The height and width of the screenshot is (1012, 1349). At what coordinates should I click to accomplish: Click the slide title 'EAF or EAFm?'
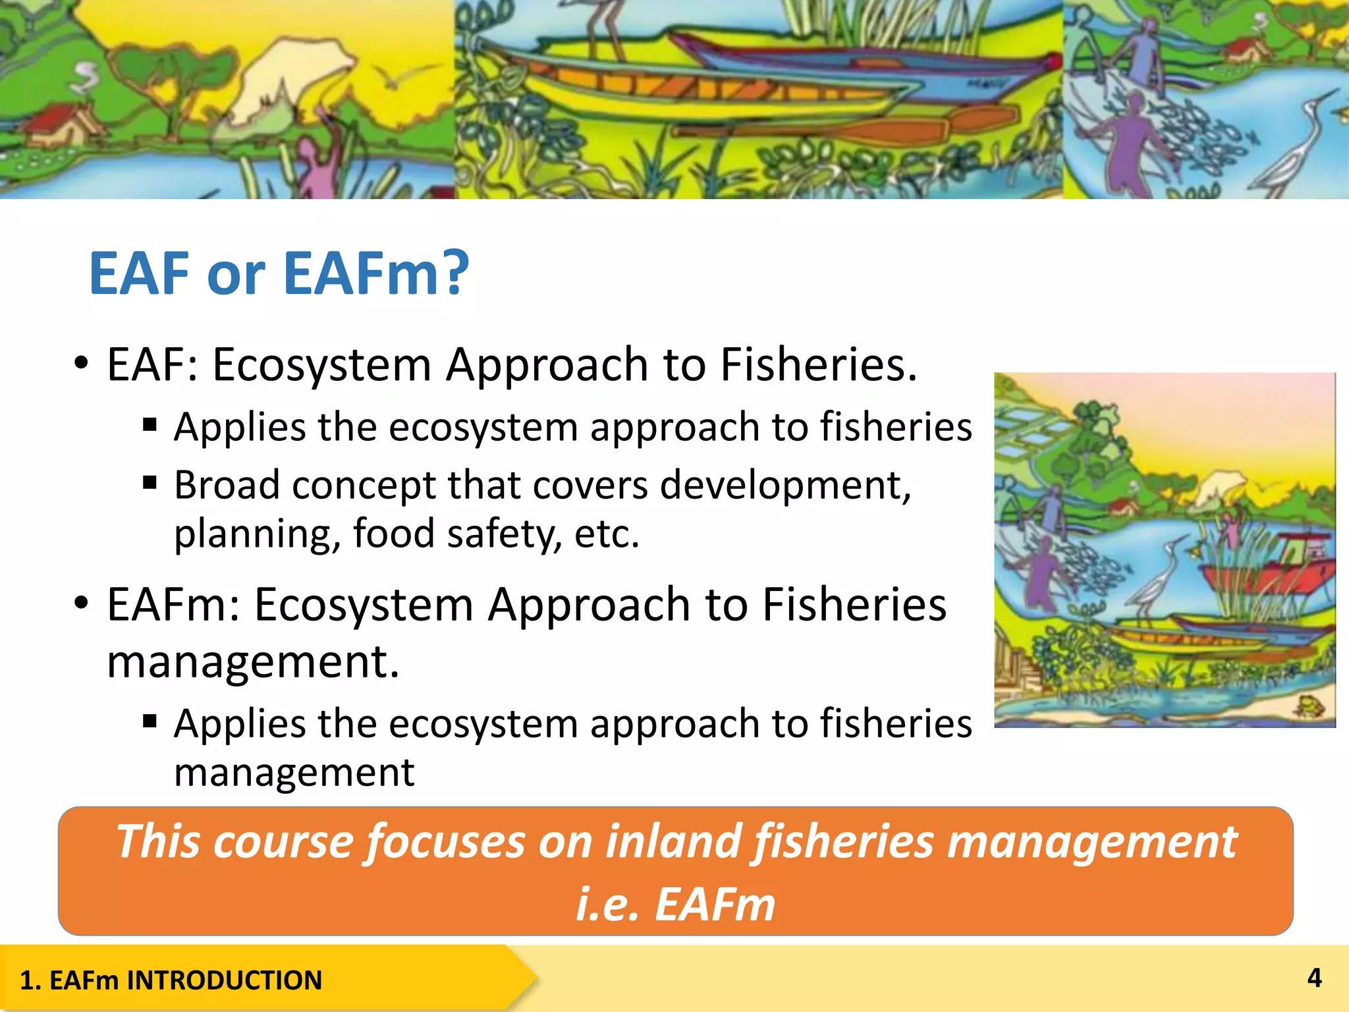coord(279,273)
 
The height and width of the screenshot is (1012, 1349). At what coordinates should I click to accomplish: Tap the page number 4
coord(1314,978)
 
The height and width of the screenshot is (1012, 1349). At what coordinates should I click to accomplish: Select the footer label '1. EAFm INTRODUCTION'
coord(171,980)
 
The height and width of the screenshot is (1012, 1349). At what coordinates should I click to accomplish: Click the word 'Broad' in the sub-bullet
coord(227,486)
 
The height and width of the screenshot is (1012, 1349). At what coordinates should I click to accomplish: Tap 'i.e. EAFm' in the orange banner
coord(675,904)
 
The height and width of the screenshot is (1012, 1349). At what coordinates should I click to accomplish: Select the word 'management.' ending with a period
coord(254,661)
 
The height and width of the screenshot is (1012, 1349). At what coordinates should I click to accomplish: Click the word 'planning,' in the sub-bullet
coord(257,534)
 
